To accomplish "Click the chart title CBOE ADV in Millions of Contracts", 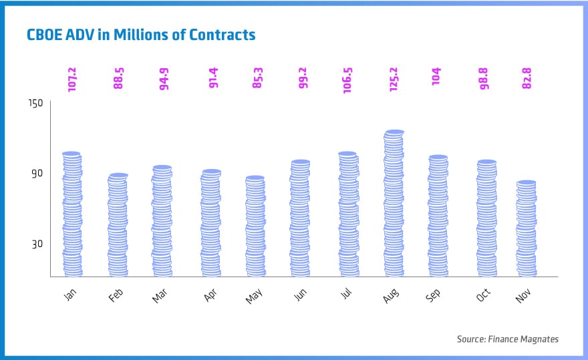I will click(141, 34).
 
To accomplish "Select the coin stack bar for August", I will click(394, 204).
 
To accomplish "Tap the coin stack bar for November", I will click(527, 228).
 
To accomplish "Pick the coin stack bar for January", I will click(72, 214).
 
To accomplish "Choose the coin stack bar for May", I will click(255, 226).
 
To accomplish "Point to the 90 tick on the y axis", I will click(37, 173).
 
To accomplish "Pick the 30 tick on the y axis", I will click(37, 244).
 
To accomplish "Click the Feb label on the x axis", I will click(116, 295).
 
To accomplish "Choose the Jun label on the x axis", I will click(300, 295).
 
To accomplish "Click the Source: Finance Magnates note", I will click(507, 339).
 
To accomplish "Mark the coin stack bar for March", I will click(162, 221).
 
